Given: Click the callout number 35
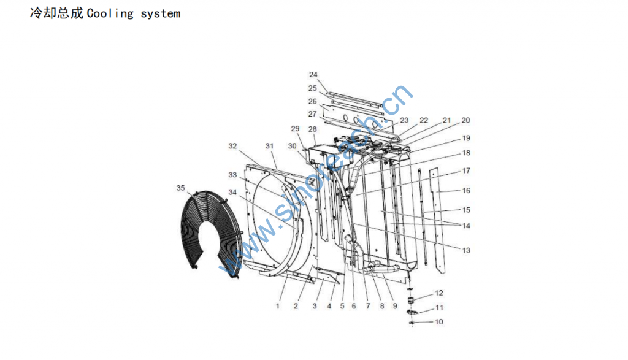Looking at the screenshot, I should (180, 188).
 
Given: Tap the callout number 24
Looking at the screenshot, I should (313, 75).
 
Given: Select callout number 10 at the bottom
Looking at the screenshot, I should (438, 321).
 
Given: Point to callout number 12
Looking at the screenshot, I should (438, 293).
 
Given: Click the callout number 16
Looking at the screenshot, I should (466, 191).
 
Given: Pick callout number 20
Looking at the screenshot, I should (465, 121).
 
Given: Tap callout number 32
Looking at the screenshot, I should (232, 146).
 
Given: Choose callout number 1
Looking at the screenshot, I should (278, 305).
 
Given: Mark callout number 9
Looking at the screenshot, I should (395, 305).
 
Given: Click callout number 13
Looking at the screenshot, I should (466, 250).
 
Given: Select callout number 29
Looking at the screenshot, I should (295, 129).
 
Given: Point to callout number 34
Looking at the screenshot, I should (232, 192).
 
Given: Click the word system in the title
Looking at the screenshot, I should (160, 13).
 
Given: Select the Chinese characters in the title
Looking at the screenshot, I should (56, 13).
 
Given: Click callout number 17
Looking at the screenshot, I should (466, 170).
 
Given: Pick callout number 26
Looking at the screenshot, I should (313, 101).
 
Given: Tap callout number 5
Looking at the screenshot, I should (342, 305).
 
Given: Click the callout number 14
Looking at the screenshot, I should (466, 226).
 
